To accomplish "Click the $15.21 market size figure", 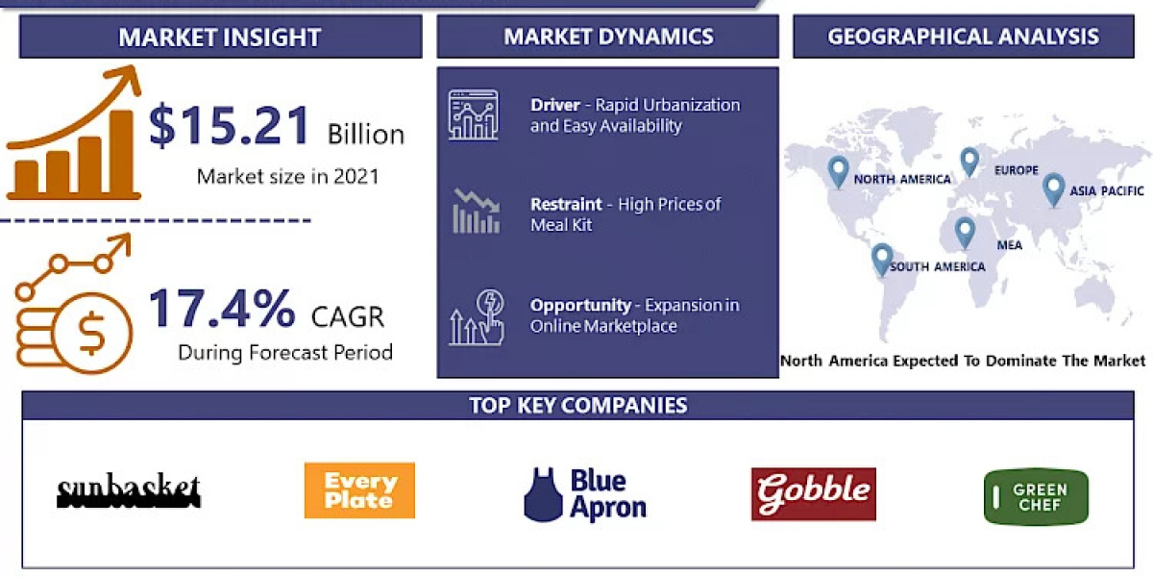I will point(231,127).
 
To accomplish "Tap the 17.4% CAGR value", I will point(222,309).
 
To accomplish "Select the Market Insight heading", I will point(220,38).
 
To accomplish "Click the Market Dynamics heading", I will point(608,38).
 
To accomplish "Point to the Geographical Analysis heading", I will point(963,38).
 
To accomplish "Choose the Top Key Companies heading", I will point(577,405).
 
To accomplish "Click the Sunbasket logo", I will point(128,491).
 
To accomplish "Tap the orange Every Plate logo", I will point(359,490).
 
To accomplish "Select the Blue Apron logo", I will point(585,494).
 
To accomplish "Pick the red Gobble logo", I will point(813,493).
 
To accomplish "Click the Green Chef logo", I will point(1036,496).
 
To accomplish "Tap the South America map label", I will point(937,266).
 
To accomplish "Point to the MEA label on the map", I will point(1009,245).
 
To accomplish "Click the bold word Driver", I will point(554,105).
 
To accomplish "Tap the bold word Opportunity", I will point(580,305).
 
